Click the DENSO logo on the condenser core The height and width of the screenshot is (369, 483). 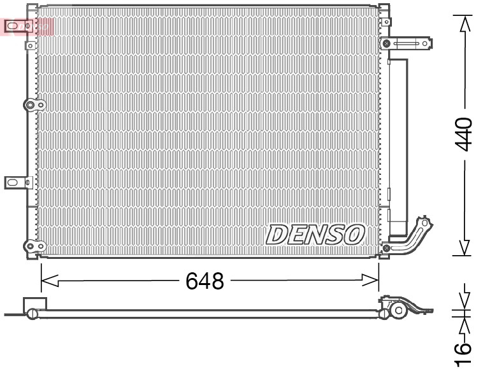[315, 235]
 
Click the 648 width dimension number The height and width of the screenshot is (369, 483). [205, 281]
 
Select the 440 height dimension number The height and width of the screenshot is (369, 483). [463, 134]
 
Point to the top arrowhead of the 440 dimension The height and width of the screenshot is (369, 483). [464, 22]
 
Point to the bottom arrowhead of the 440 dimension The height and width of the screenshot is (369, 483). [464, 247]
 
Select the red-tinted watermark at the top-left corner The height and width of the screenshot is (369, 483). [27, 25]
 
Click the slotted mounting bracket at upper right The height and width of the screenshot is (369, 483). [408, 44]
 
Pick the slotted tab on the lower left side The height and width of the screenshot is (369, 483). [16, 183]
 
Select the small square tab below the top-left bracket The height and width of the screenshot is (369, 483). [30, 46]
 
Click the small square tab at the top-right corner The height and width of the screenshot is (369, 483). [384, 9]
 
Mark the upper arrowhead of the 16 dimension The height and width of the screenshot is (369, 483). [464, 299]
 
